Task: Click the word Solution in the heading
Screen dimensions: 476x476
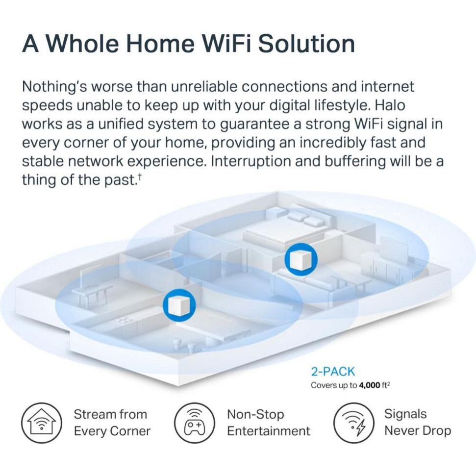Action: point(306,44)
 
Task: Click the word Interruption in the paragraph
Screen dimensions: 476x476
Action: point(251,161)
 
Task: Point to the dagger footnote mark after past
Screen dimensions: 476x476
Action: point(140,176)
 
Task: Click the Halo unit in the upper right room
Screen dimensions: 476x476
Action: point(301,259)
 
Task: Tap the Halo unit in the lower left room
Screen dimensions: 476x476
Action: point(179,305)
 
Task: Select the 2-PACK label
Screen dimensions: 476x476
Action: point(333,372)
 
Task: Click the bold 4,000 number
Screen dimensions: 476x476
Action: point(370,385)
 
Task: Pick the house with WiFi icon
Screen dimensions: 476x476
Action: point(42,423)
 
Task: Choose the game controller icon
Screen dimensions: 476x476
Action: point(195,423)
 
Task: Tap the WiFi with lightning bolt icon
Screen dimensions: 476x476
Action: point(353,423)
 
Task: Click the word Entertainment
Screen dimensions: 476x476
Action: point(269,431)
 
